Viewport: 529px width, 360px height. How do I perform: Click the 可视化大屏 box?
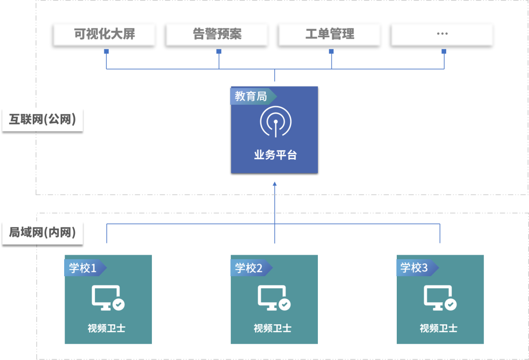pyautogui.click(x=104, y=34)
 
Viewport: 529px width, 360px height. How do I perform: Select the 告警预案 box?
pyautogui.click(x=217, y=34)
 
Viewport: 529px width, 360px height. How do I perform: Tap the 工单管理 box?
pyautogui.click(x=330, y=34)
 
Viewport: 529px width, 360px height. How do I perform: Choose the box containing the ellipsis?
pyautogui.click(x=442, y=34)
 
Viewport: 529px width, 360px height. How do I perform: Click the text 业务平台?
pyautogui.click(x=275, y=155)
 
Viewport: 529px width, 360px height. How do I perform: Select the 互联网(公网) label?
pyautogui.click(x=43, y=120)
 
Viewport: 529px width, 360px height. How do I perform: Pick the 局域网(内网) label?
pyautogui.click(x=43, y=232)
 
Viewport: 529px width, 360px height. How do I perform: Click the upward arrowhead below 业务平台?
pyautogui.click(x=275, y=184)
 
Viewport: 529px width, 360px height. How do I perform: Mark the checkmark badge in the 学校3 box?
pyautogui.click(x=451, y=305)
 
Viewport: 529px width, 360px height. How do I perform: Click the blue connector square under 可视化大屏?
pyautogui.click(x=106, y=51)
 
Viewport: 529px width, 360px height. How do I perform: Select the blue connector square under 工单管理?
pyautogui.click(x=332, y=51)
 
